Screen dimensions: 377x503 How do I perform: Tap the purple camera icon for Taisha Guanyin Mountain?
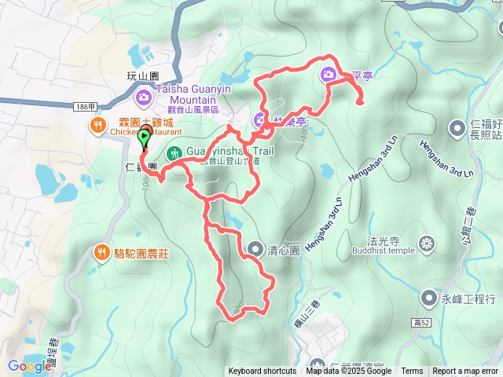click(144, 97)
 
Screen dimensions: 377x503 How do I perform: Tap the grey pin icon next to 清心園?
click(255, 250)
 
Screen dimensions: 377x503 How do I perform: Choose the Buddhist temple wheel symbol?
click(427, 244)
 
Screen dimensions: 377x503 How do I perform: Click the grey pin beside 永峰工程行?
click(428, 298)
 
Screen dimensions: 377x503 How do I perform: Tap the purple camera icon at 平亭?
click(329, 75)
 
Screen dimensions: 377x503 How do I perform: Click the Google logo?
click(30, 366)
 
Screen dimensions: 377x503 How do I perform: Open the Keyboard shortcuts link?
click(263, 372)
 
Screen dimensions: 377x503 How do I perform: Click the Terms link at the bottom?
click(412, 372)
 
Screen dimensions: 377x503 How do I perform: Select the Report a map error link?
click(465, 372)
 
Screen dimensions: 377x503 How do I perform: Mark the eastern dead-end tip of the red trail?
click(361, 102)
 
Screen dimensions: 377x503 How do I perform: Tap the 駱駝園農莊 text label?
click(143, 253)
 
